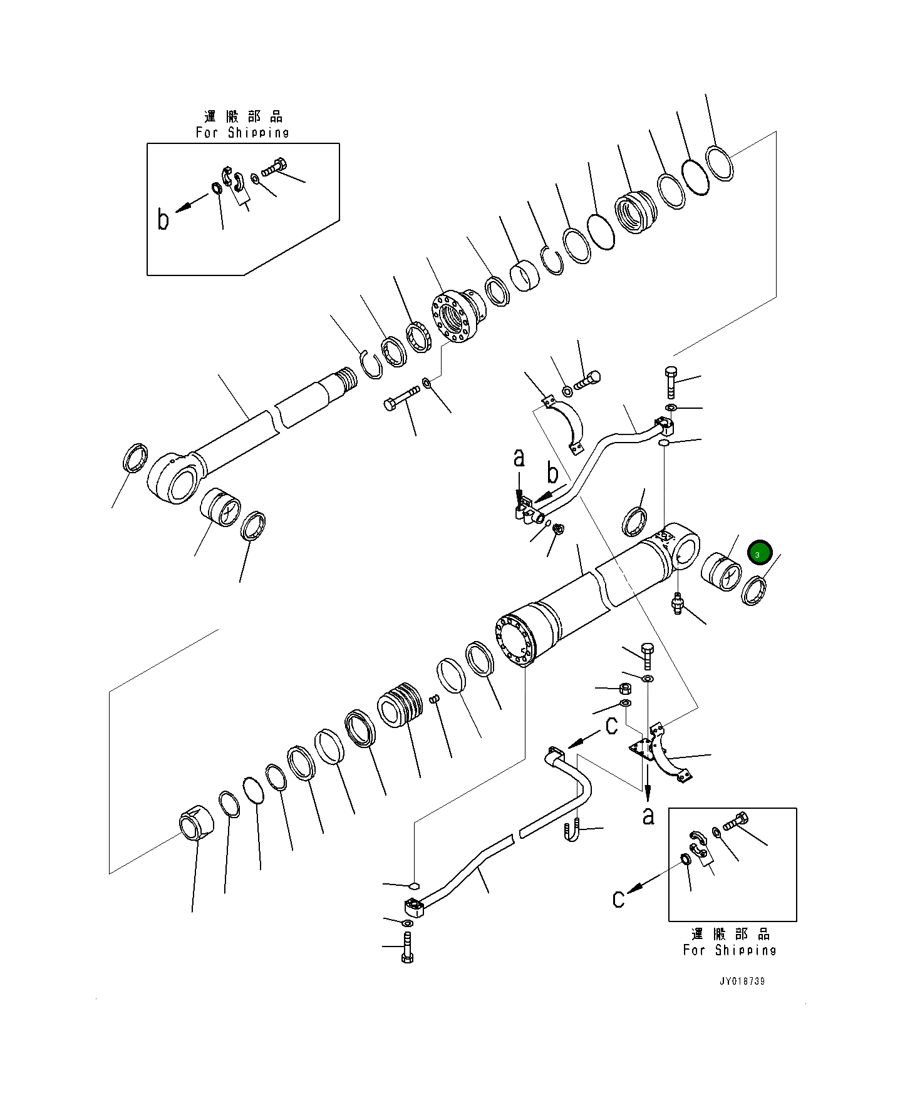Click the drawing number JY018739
742,981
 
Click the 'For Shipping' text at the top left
242,133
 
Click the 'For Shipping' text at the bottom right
730,950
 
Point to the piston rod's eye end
174,479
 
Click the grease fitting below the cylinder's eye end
677,603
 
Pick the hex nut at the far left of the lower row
195,823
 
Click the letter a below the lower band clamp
648,816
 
